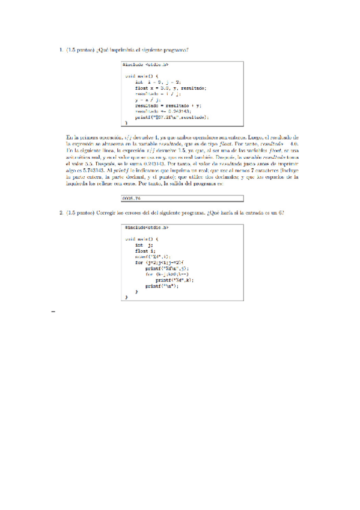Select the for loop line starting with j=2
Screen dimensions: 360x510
162,262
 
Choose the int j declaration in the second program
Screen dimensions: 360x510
144,245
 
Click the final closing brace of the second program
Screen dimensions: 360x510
126,297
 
